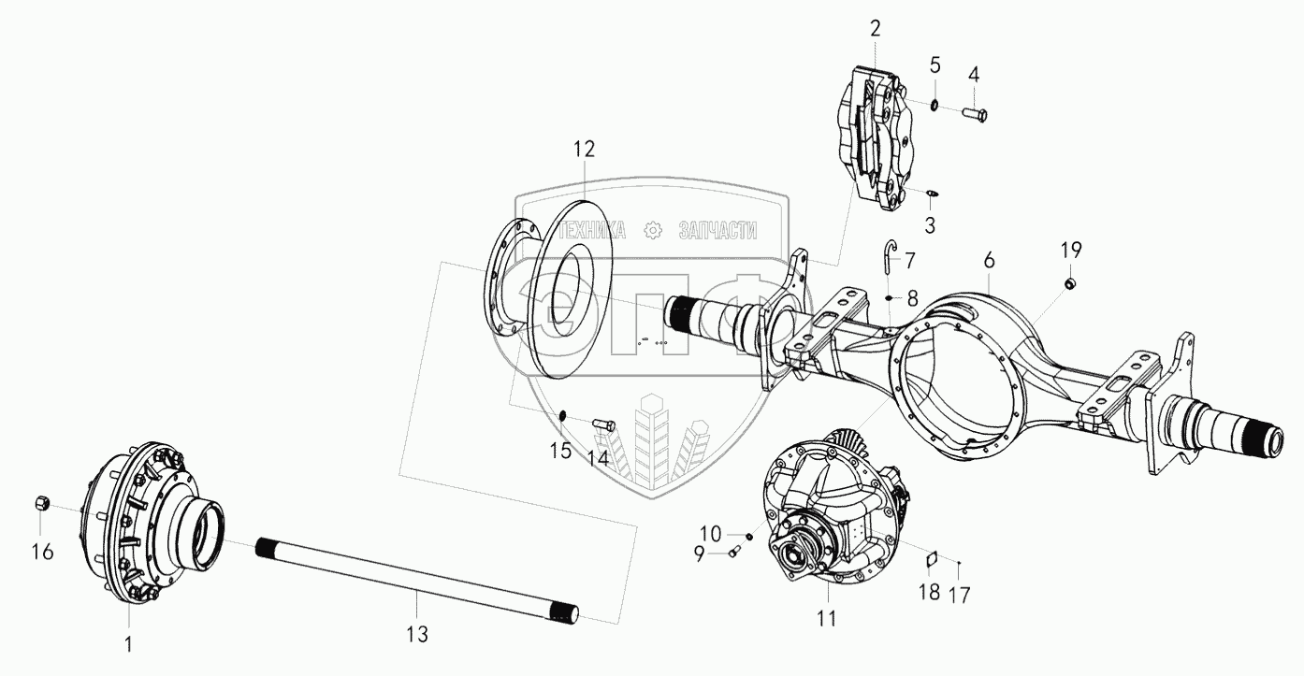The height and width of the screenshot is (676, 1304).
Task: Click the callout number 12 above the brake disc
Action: pos(584,150)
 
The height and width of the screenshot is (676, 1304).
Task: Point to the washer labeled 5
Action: pos(935,104)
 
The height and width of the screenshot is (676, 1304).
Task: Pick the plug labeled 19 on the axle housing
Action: pos(1070,283)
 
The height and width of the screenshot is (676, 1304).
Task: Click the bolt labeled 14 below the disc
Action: pos(605,424)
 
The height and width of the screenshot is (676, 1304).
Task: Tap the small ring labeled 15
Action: pos(563,415)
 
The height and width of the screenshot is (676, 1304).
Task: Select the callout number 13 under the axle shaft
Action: pos(416,635)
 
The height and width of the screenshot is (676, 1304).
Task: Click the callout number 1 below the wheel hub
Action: pos(129,644)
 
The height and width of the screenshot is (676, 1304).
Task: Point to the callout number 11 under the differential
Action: pos(827,618)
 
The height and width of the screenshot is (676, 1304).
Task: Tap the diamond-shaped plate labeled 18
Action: pos(931,559)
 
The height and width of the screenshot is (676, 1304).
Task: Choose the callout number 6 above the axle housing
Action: pos(989,259)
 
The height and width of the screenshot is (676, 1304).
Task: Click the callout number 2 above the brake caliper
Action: pos(875,28)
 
